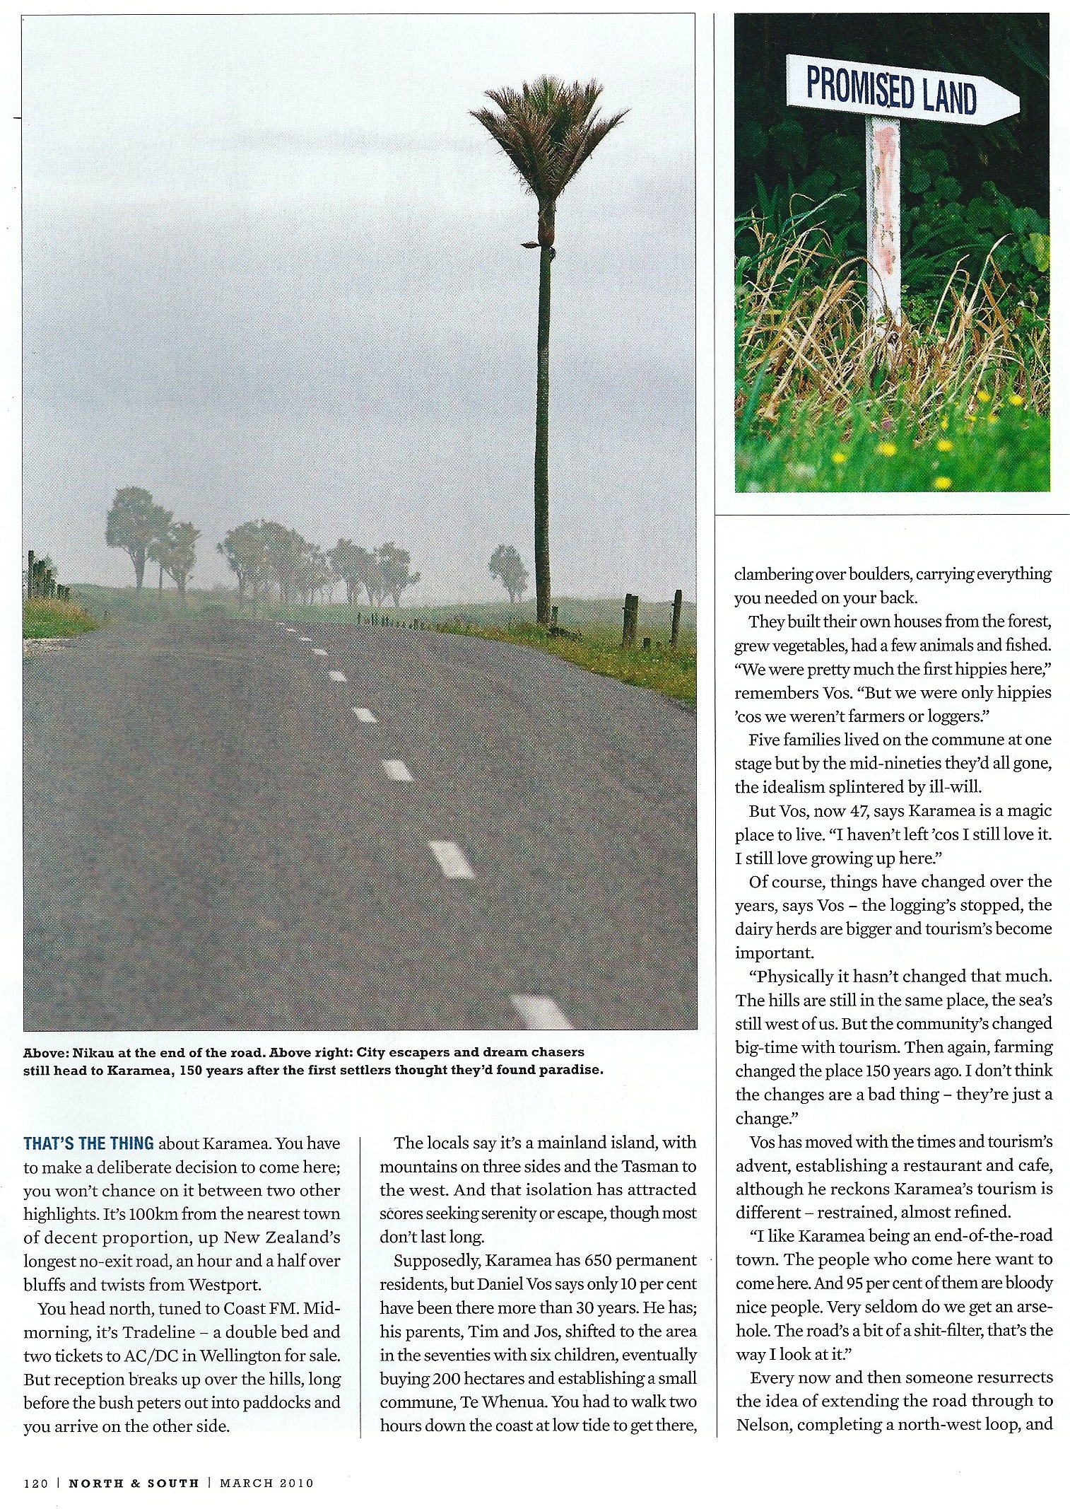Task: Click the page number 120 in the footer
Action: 35,1483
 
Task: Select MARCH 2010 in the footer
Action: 266,1483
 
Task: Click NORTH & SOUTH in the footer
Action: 134,1483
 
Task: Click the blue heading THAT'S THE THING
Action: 88,1143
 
